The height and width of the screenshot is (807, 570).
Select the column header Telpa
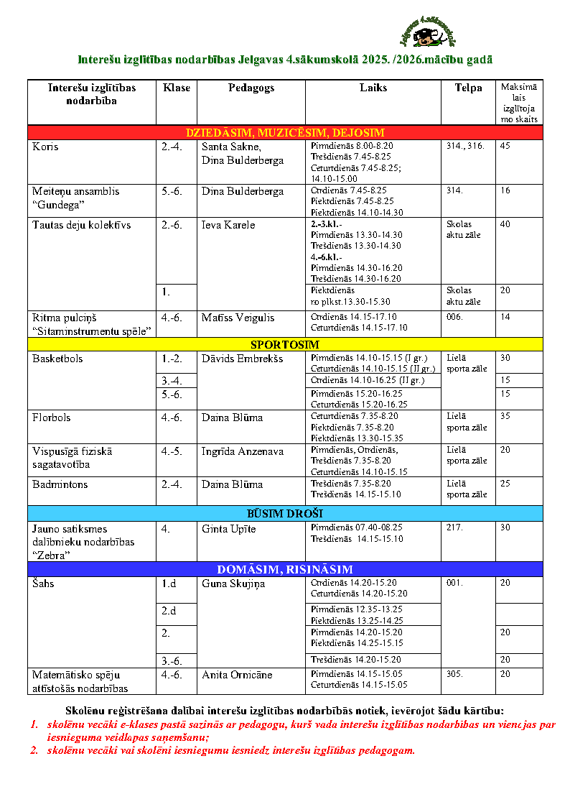[468, 88]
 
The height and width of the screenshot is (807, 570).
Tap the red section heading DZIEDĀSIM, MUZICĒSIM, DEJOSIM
[285, 132]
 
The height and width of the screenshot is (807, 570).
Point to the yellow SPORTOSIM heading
[285, 344]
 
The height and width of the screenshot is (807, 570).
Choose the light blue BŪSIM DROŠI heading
[285, 513]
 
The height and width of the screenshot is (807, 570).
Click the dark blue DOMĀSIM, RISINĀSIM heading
[285, 569]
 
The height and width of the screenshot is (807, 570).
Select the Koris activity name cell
[46, 147]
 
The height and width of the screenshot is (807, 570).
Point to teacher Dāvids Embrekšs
[242, 359]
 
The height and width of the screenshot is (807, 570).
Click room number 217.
[454, 528]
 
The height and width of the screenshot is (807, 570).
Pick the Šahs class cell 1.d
[169, 584]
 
